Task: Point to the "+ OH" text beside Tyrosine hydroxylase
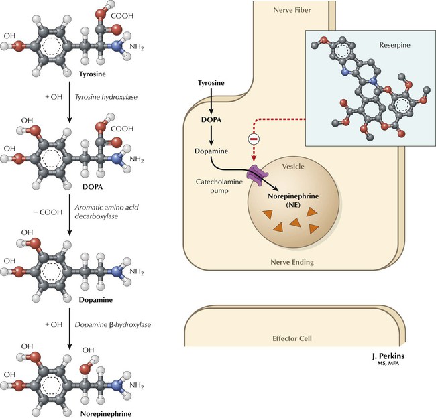pyautogui.click(x=54, y=98)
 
